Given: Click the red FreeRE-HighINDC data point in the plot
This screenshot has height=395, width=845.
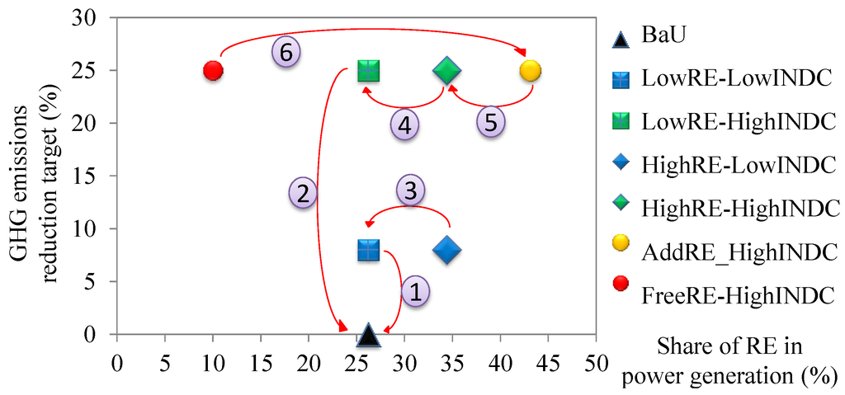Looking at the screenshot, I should (213, 71).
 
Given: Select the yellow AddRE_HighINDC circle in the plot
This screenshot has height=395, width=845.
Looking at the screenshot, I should (531, 71).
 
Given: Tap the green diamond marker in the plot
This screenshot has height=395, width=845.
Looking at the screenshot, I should (446, 71).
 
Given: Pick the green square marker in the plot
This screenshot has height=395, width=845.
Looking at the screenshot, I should (369, 71).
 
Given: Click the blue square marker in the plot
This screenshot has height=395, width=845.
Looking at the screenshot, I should (369, 250).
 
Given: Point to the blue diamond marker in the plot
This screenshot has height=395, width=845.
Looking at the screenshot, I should (446, 250).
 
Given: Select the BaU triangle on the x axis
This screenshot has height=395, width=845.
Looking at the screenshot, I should (369, 334).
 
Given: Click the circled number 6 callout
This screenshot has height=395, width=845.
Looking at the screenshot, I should (286, 52).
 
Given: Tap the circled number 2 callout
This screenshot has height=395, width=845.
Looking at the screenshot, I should (304, 194).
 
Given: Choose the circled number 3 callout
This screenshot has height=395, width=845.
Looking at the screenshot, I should (410, 190).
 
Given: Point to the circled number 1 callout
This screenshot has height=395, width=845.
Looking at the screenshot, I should (415, 290).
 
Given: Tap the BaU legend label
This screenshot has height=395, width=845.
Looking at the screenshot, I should (663, 36).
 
